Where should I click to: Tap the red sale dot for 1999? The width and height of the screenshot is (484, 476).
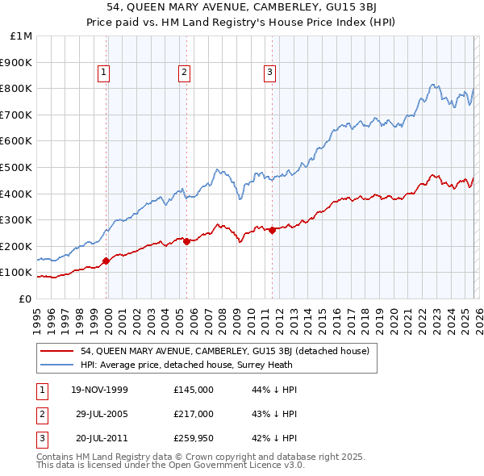click(x=106, y=261)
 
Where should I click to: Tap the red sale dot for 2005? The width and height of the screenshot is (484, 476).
click(x=186, y=241)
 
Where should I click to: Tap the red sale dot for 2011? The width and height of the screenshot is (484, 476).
click(x=272, y=230)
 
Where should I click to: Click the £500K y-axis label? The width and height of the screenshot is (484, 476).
click(x=18, y=167)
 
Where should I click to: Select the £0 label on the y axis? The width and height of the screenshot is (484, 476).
click(x=26, y=299)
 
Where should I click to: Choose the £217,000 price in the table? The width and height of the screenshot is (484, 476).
click(x=194, y=414)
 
